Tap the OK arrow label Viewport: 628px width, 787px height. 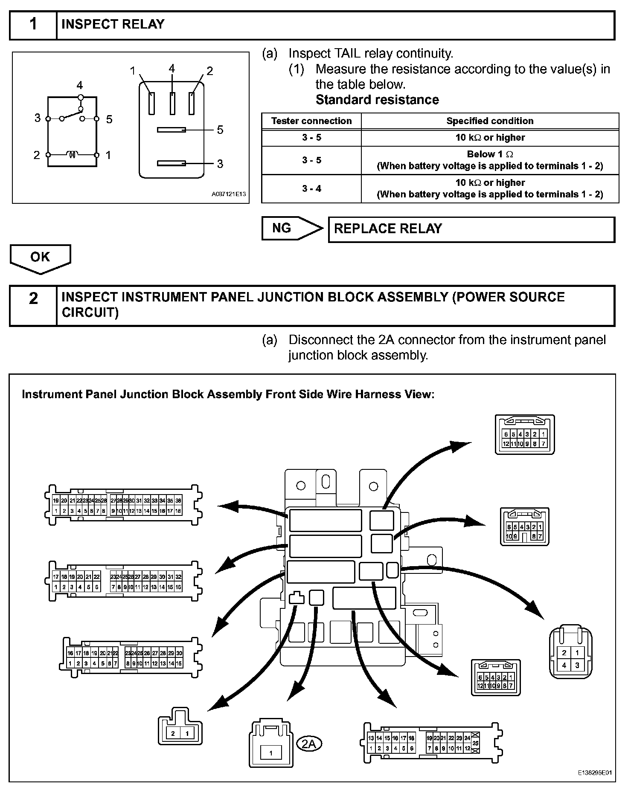(x=40, y=257)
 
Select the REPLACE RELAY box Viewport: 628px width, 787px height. (x=471, y=229)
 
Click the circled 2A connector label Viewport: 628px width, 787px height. (x=308, y=744)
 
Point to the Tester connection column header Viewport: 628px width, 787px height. (x=311, y=121)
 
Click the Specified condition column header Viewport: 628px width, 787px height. (x=490, y=121)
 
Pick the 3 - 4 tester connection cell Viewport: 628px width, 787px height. (x=311, y=188)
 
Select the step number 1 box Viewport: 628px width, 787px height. (x=33, y=25)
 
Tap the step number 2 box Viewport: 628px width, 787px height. (x=33, y=298)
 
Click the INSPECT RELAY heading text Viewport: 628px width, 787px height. (x=113, y=24)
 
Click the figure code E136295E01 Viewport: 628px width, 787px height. (x=595, y=772)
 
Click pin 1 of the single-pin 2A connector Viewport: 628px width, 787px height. (x=270, y=753)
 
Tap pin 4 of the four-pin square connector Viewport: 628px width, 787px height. (x=564, y=665)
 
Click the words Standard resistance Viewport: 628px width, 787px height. (x=377, y=100)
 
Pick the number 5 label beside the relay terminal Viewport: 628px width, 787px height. (x=220, y=130)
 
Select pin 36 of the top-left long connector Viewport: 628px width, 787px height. (x=178, y=501)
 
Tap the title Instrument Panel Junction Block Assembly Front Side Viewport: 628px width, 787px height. (x=228, y=394)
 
